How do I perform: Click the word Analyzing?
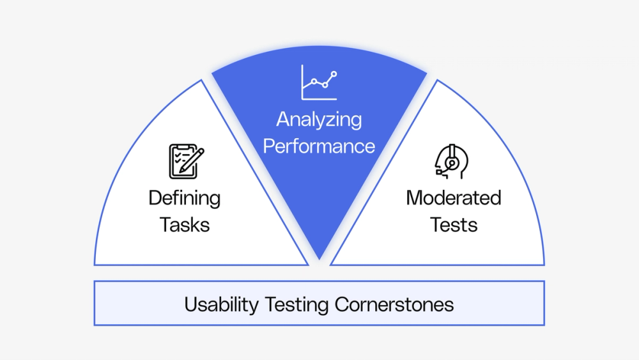coord(319,120)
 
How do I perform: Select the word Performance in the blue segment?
coord(319,146)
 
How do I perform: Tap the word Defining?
coord(185,199)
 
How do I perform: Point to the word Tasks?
coord(185,224)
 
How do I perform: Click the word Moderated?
coord(454,198)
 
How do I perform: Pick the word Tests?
coord(454,224)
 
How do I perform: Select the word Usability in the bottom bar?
coord(221,305)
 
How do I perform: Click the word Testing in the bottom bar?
coord(296,305)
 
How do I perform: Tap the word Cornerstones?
coord(394,304)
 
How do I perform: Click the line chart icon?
coord(319,82)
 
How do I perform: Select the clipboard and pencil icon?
coord(187,161)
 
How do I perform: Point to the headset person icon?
coord(452,161)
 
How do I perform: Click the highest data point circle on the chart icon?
coord(334,74)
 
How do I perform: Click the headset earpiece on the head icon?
coord(452,163)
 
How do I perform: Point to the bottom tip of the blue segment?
coord(319,260)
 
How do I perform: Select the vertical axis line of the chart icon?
coord(302,82)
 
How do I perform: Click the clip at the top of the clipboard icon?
coord(183,146)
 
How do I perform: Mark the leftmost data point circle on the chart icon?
coord(314,82)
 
